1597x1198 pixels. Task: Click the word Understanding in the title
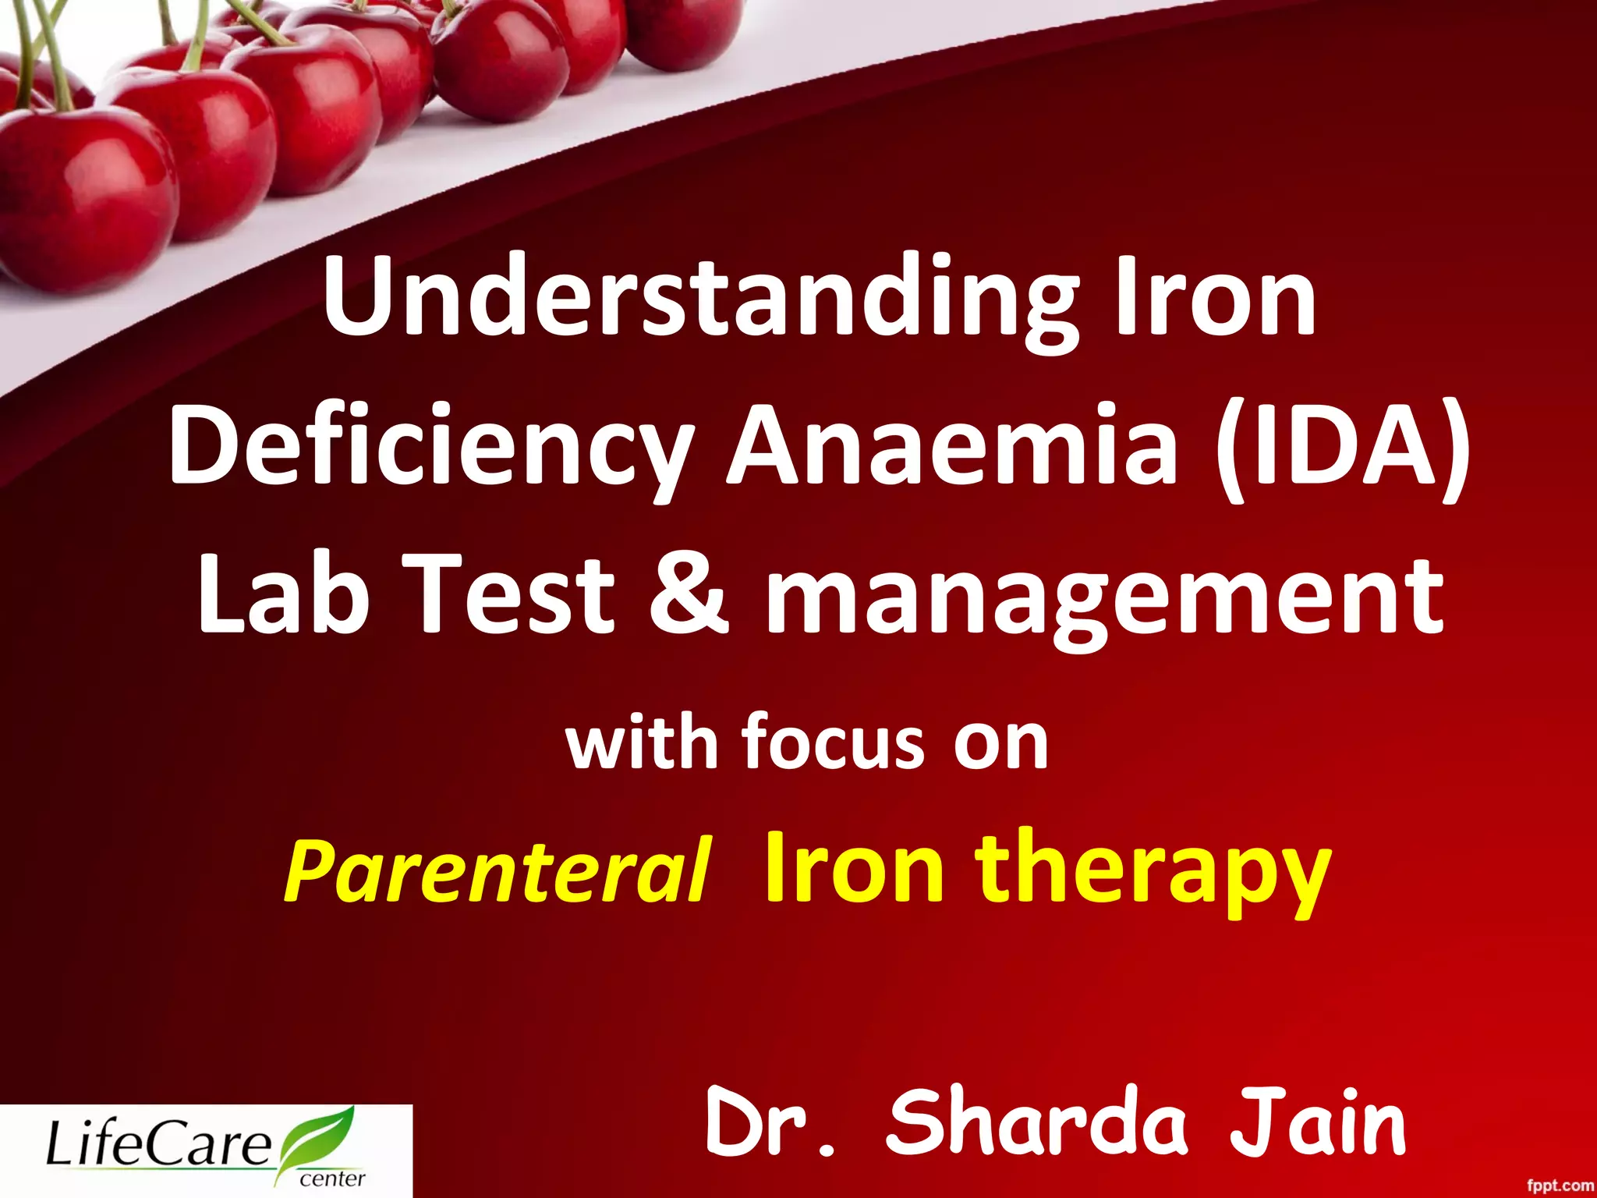700,300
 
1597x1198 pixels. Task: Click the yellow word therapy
1153,872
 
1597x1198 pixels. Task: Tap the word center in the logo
332,1178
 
